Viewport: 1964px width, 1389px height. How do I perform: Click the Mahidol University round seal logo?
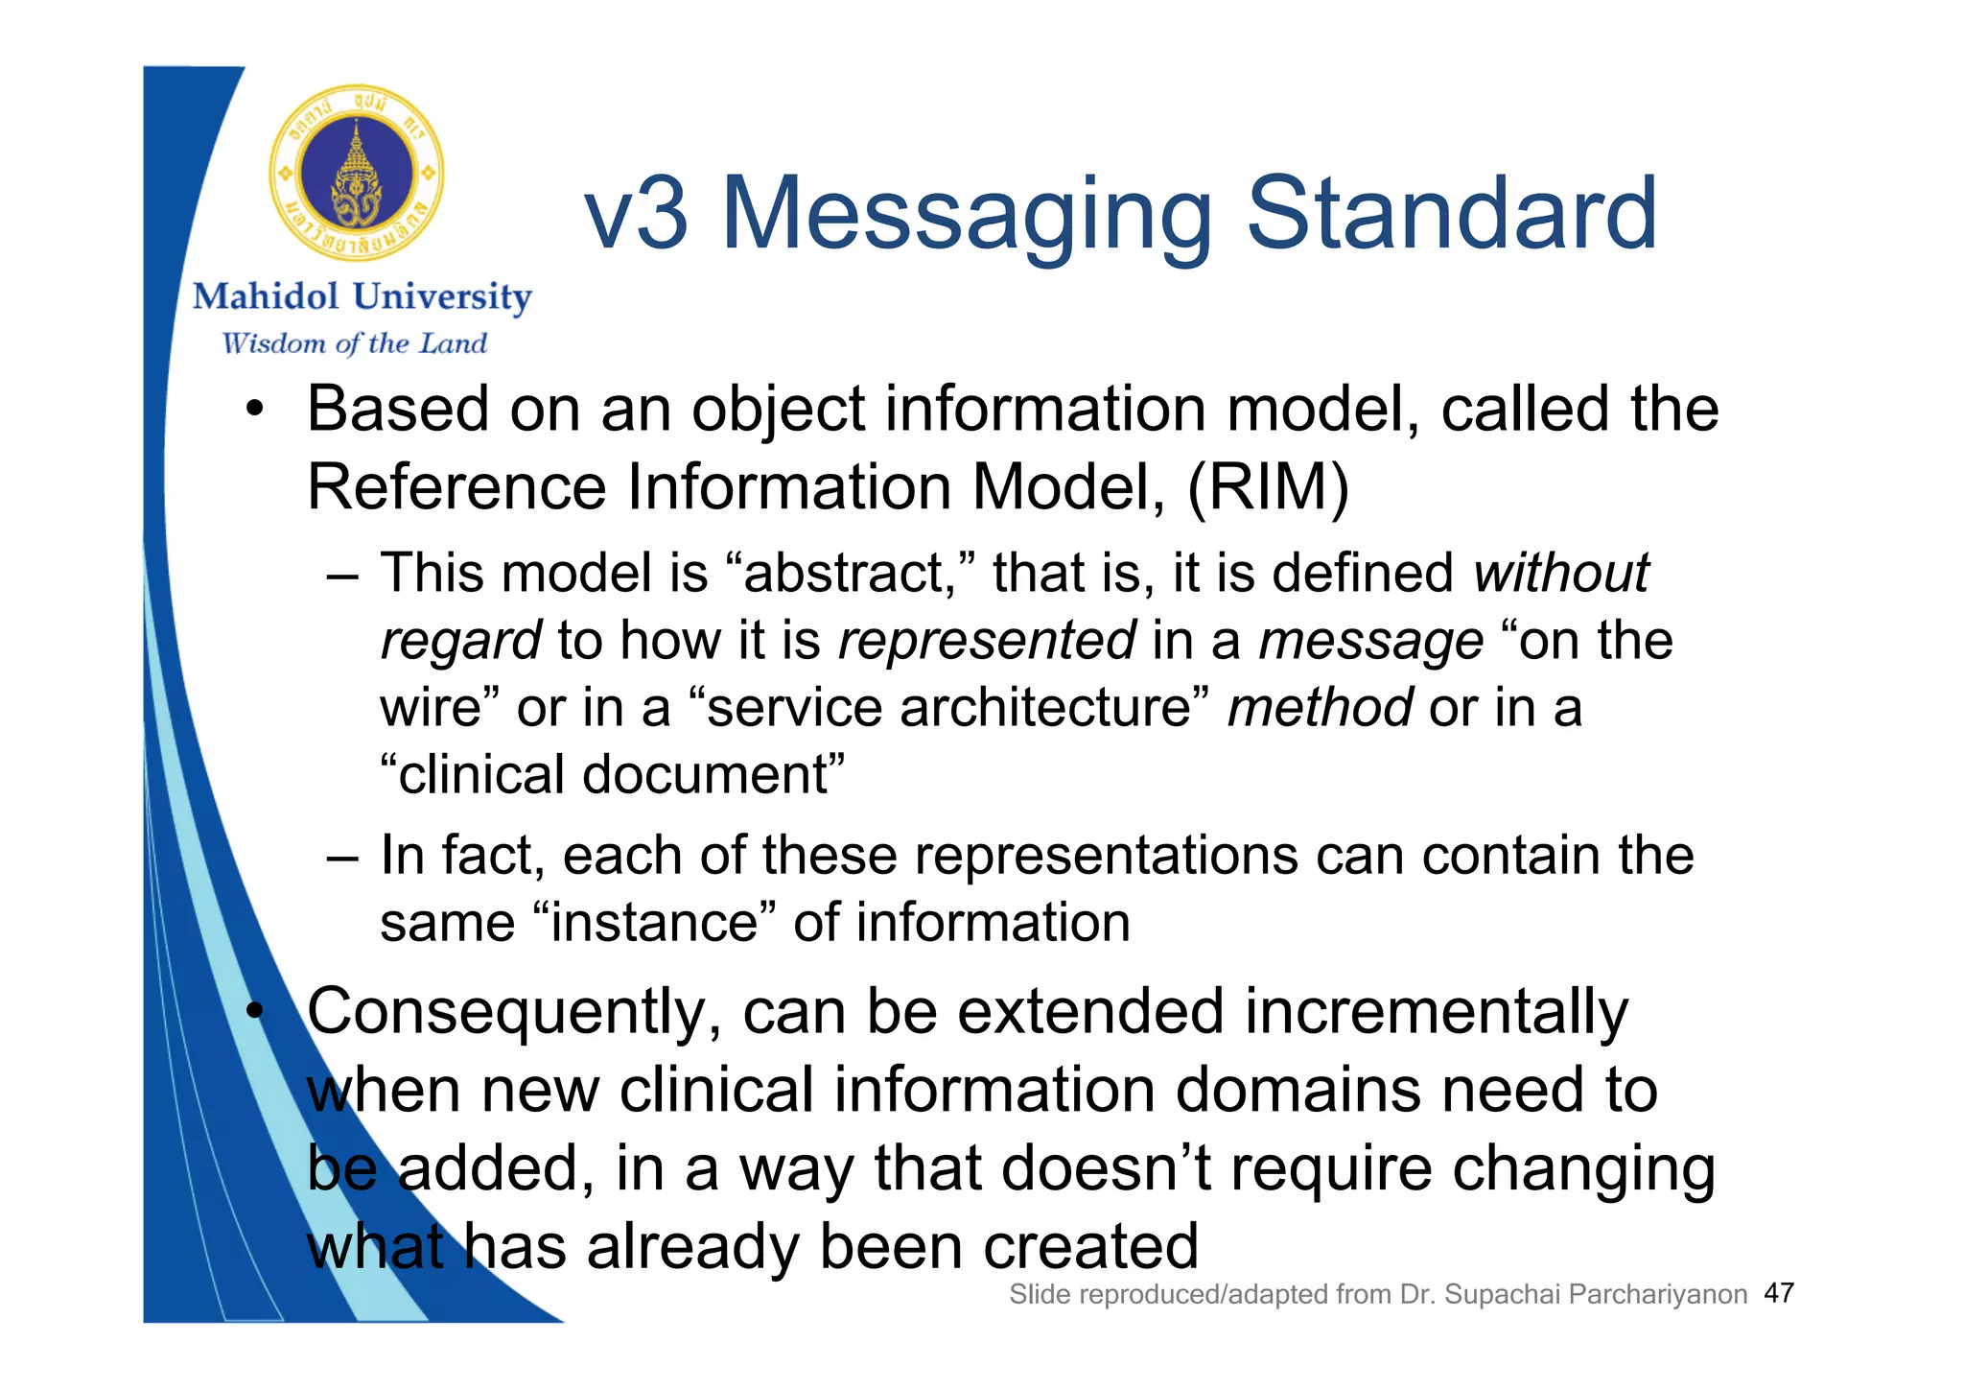click(357, 174)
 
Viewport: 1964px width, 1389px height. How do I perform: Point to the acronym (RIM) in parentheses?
click(1268, 487)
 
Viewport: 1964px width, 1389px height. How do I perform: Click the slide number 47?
click(1779, 1293)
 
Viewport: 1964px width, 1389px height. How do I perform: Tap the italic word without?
click(1561, 573)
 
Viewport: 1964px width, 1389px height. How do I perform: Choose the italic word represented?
click(987, 641)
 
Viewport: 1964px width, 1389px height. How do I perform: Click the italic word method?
click(1320, 708)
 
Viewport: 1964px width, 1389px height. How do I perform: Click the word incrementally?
click(1436, 1013)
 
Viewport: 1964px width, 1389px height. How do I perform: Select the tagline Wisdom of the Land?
click(355, 343)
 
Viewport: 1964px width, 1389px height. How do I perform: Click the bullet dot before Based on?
click(253, 411)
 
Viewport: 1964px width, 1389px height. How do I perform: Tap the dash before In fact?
click(342, 857)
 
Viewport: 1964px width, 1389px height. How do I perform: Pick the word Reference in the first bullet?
click(456, 487)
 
